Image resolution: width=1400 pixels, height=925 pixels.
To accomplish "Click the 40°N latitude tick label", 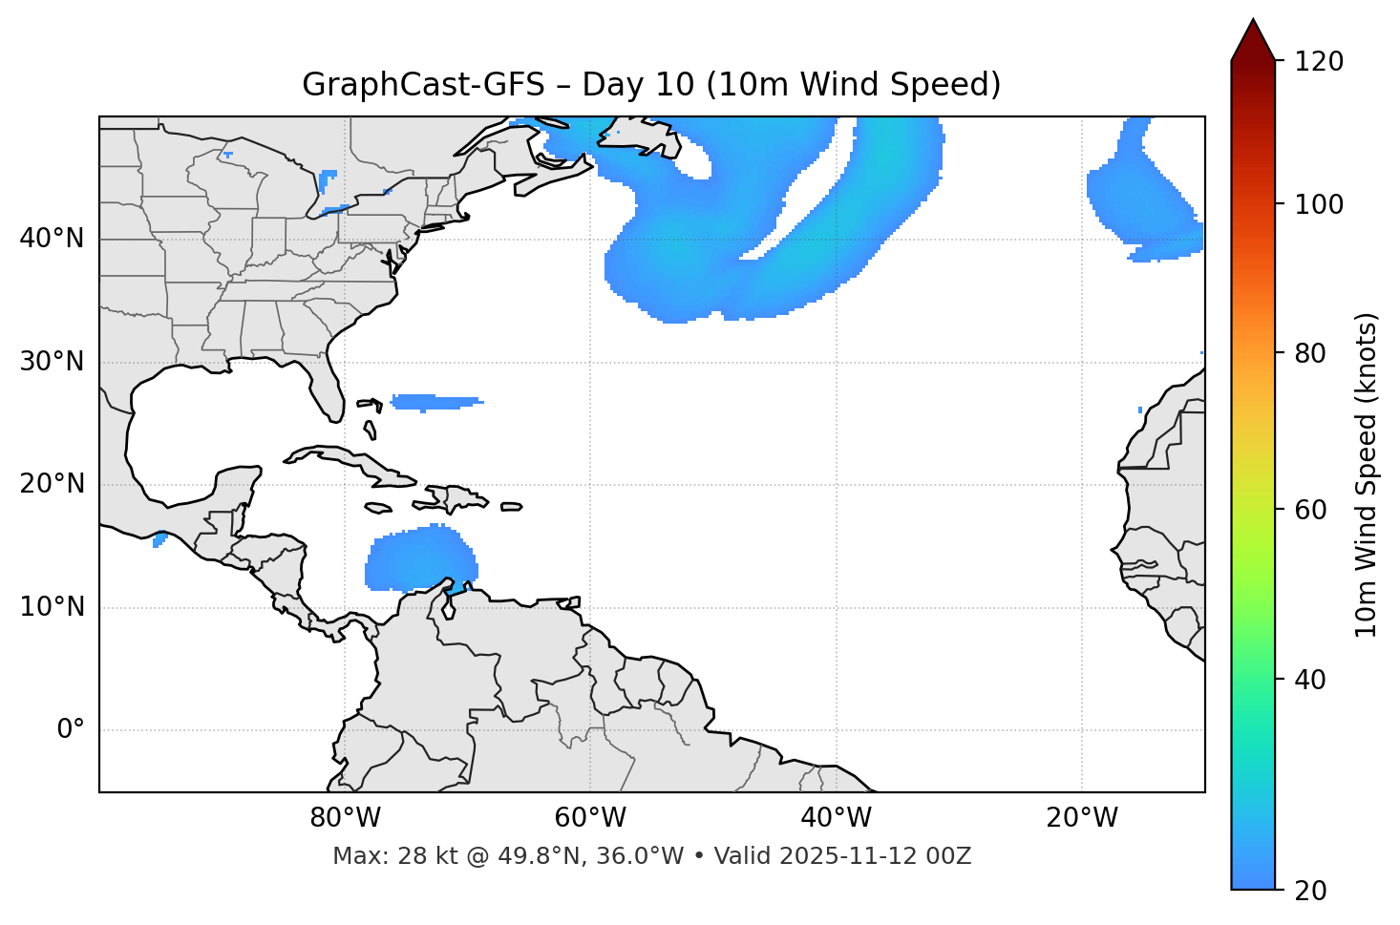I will [x=52, y=238].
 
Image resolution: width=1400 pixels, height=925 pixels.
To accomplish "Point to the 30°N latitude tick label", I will [x=52, y=362].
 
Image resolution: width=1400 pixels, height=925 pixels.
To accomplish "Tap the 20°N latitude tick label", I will [x=52, y=484].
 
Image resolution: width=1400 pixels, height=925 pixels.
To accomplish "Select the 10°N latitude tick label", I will [x=52, y=607].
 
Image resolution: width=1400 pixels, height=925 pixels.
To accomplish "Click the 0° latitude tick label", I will [x=71, y=730].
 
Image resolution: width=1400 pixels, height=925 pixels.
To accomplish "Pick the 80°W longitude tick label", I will [x=345, y=818].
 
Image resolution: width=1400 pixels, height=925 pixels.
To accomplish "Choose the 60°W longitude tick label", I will [x=590, y=818].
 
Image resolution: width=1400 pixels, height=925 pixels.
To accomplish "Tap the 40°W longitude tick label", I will [x=836, y=818].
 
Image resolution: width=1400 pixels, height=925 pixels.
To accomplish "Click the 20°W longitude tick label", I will [x=1082, y=818].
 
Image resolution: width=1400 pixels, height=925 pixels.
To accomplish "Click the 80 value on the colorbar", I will [x=1314, y=353].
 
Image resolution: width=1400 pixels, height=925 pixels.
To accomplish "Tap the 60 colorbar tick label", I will [x=1314, y=510].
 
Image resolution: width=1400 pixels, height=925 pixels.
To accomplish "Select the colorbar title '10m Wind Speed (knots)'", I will [x=1367, y=475].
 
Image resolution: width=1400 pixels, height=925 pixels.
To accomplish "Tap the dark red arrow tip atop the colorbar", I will [x=1253, y=38].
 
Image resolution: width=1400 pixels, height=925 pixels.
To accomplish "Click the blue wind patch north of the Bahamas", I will [x=435, y=402].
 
